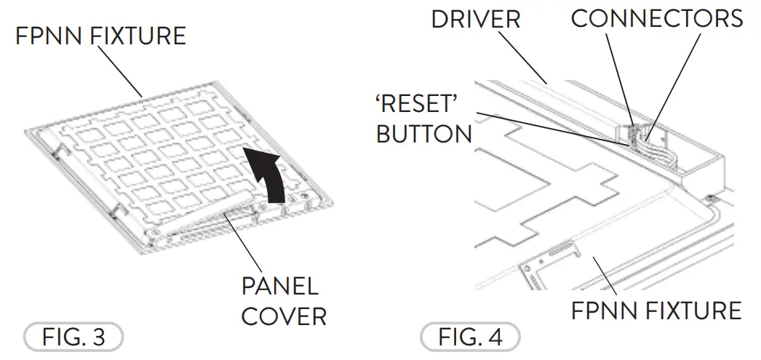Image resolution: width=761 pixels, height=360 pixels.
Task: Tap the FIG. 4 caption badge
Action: pos(471,338)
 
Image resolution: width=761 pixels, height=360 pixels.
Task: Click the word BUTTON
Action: pos(423,135)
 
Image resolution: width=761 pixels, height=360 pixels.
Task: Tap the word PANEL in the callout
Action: pos(279,286)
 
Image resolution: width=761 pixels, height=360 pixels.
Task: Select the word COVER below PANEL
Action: pos(284,316)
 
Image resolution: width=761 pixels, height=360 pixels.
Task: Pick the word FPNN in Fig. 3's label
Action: pos(47,35)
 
